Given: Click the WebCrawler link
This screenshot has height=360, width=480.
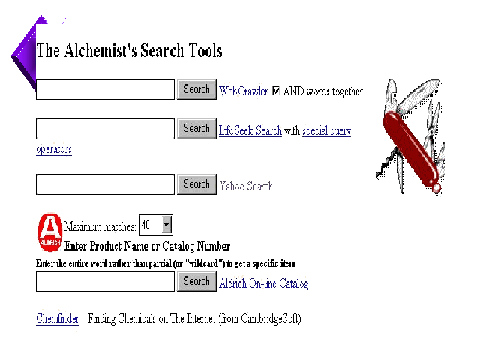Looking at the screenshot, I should point(243,91).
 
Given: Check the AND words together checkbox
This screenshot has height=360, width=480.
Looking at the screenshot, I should point(276,91).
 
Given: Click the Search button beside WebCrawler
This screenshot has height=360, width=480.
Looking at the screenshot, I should point(196,89).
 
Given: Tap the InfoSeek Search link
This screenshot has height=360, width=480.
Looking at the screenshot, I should point(250,131).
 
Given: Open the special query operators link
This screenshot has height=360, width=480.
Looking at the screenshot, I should point(326,131).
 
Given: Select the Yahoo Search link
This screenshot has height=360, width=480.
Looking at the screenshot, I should point(246,186).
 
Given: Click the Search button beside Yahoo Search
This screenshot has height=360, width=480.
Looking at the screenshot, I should point(196,184).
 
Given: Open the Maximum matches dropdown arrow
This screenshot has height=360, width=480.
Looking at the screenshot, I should point(166,224).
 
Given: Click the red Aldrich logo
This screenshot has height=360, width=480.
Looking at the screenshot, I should point(49,232).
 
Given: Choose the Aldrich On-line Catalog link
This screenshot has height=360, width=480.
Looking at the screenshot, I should point(263,283).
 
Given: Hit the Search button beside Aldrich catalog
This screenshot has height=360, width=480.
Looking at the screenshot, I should point(196,281).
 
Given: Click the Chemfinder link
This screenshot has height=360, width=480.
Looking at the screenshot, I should point(58,318).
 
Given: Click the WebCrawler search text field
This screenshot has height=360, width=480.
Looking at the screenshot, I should point(105,90).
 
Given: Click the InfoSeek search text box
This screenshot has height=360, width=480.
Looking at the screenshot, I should point(105,129).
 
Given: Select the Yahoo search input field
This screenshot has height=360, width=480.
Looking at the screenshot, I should point(105,184).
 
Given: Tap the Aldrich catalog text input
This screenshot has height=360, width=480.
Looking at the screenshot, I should point(105,282).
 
